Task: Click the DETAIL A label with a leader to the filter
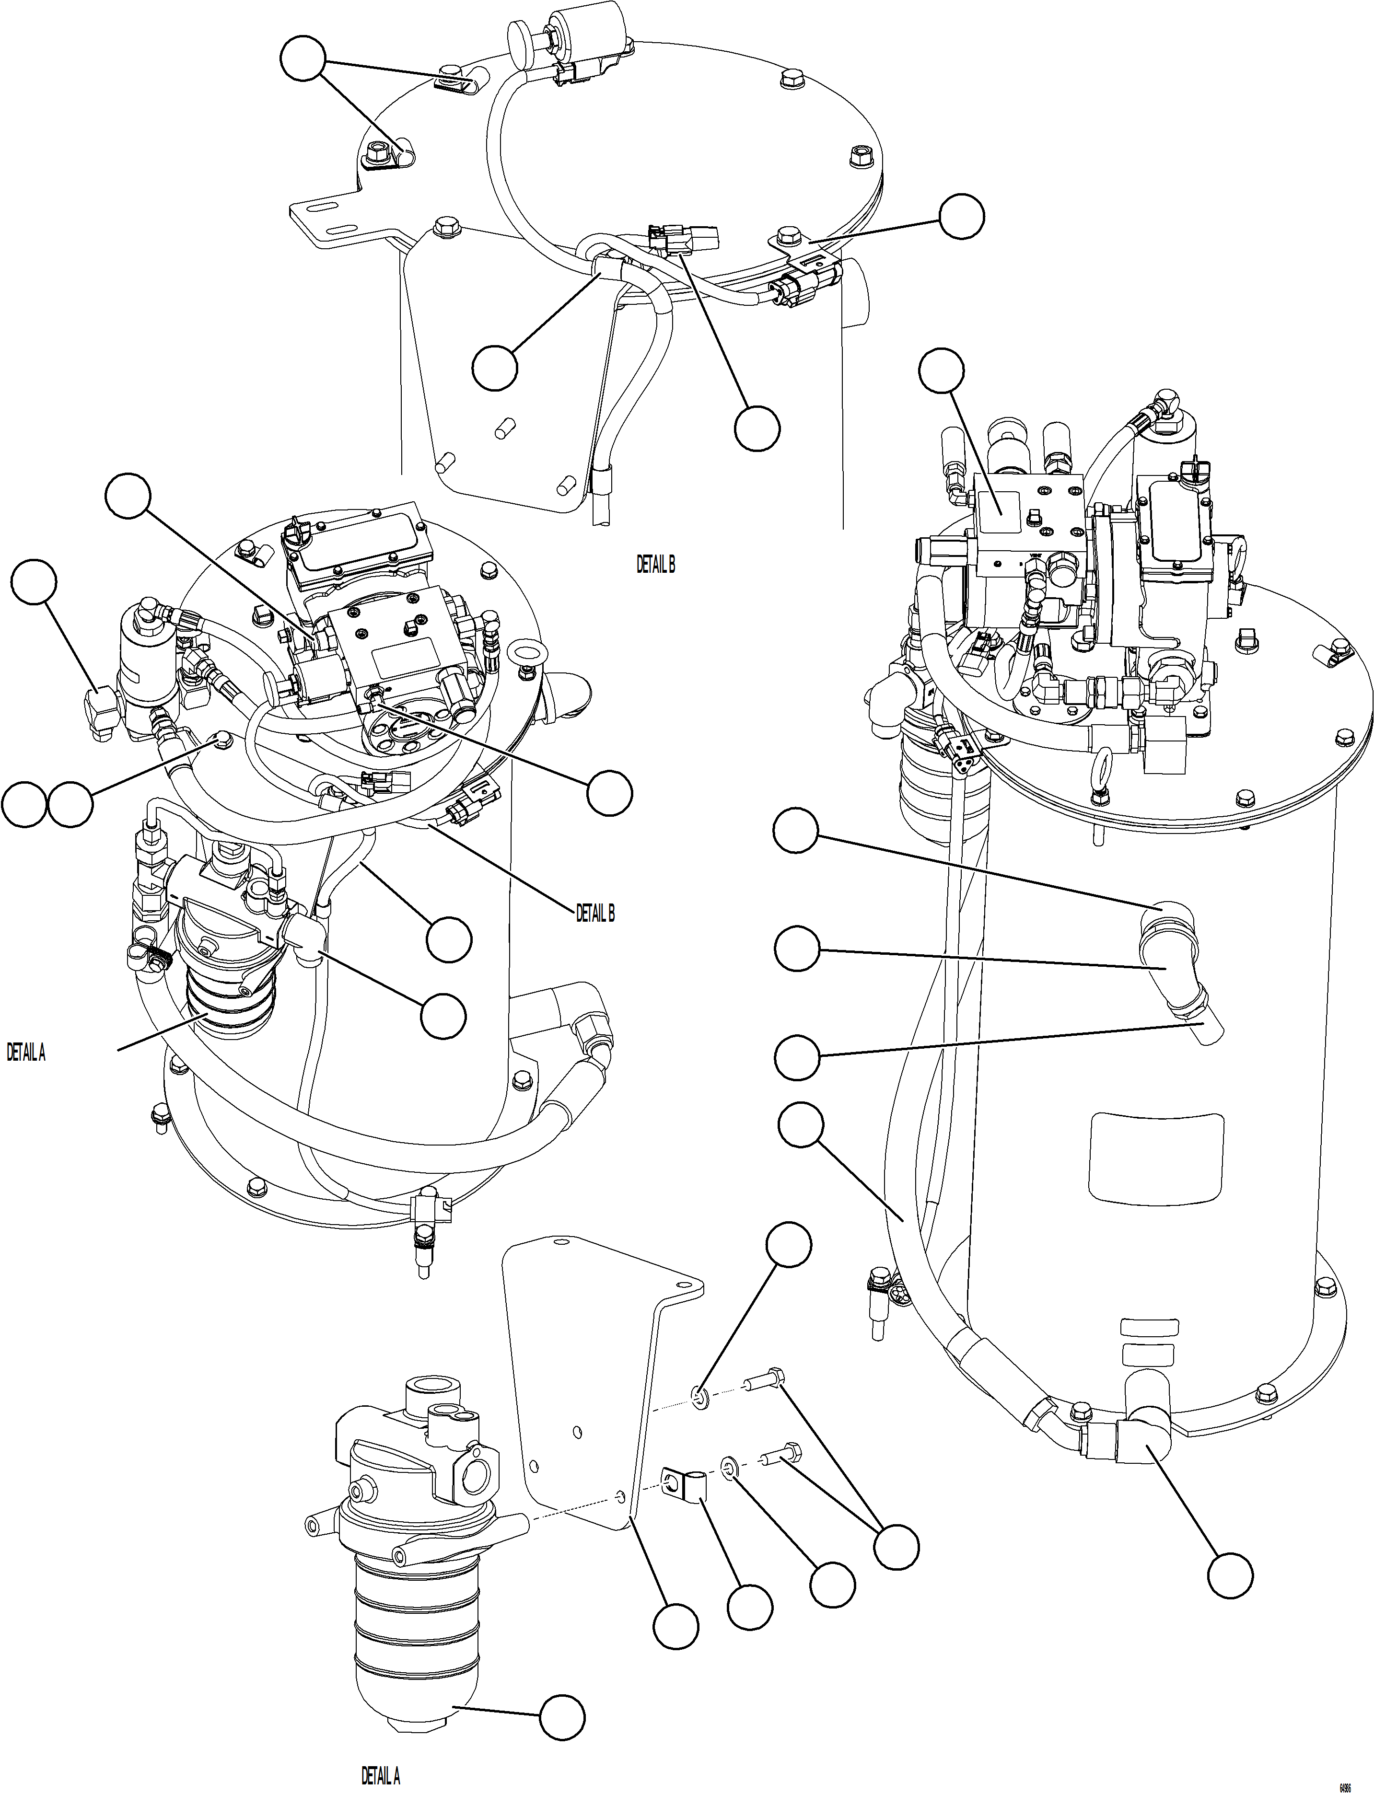[25, 1053]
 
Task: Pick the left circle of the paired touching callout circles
[23, 803]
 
